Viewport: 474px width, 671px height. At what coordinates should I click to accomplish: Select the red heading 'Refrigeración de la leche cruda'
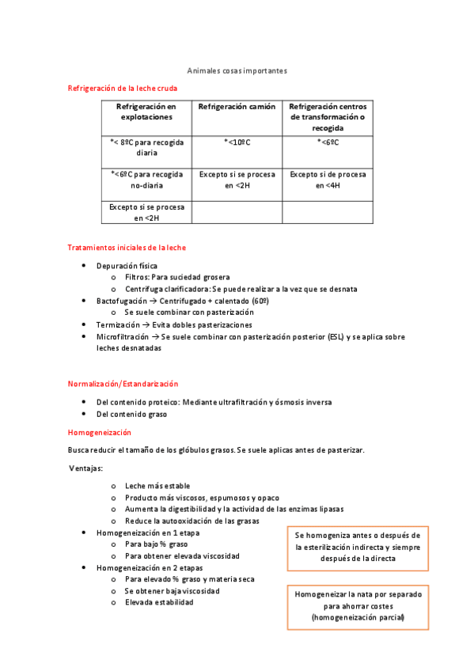tap(123, 89)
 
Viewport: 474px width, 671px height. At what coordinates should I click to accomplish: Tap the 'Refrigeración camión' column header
tap(237, 106)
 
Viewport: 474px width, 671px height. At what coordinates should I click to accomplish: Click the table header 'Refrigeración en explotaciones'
tap(146, 111)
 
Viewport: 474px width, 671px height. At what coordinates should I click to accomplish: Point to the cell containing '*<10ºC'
tap(237, 142)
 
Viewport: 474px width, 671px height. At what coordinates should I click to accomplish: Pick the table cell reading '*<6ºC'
tap(328, 142)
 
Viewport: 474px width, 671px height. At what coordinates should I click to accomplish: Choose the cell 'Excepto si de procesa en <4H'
tap(328, 180)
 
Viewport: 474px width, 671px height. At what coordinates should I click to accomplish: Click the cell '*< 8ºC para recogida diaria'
tap(146, 147)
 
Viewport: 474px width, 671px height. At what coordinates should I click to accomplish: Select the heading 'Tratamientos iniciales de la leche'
tap(127, 248)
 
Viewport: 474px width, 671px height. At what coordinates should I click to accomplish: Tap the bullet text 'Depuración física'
tap(127, 266)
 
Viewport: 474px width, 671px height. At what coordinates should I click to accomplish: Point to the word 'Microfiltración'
tap(122, 336)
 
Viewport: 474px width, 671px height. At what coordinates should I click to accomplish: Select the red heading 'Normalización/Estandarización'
tap(123, 384)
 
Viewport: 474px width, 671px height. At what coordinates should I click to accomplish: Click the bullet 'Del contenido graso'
tap(131, 414)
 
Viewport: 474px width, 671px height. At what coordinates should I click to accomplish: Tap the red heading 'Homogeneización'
tap(100, 433)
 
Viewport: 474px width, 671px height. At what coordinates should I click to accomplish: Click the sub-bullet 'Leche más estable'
tap(157, 486)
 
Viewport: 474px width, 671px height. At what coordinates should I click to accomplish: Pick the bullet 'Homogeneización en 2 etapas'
tap(149, 568)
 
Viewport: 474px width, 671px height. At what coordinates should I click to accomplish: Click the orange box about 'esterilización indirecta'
tap(357, 547)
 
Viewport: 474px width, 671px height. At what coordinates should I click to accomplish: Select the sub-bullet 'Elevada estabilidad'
tap(159, 602)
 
